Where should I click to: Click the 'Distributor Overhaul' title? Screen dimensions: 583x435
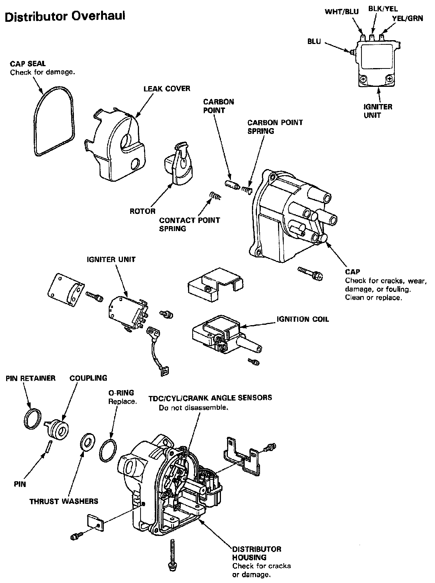[x=65, y=17]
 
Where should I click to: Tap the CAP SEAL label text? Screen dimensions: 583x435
[x=28, y=64]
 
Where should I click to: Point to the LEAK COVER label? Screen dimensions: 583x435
[x=167, y=89]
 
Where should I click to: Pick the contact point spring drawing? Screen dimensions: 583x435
[x=216, y=197]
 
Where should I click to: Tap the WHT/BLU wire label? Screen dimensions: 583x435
[x=342, y=12]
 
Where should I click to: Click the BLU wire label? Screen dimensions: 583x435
[x=314, y=42]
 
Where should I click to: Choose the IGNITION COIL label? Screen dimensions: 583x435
[x=303, y=319]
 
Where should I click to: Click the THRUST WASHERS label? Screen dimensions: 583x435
[x=64, y=501]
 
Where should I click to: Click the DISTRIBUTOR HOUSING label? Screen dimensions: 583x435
[x=257, y=553]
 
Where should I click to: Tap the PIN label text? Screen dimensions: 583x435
[x=20, y=484]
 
